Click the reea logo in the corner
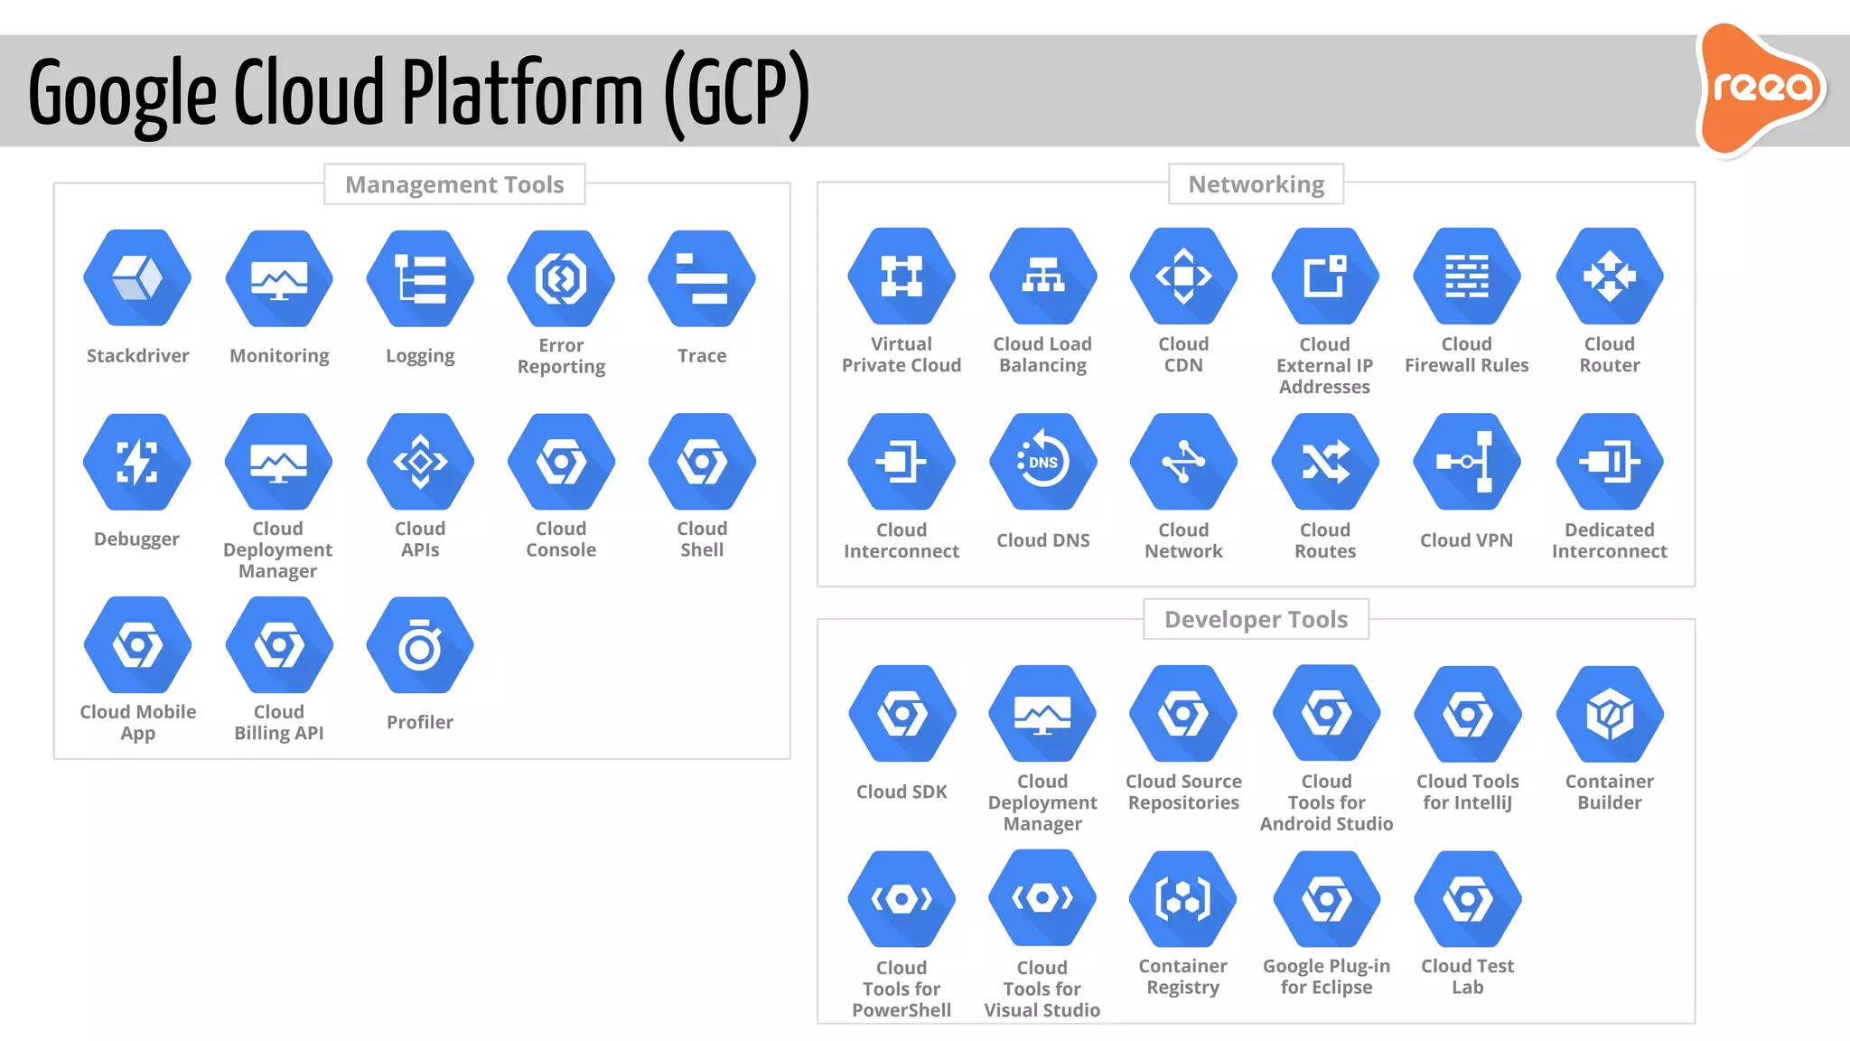coord(1761,89)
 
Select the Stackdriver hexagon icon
coord(137,277)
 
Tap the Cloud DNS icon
coord(1042,462)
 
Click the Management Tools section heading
coord(454,184)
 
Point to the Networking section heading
coord(1256,184)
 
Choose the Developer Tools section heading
coord(1256,619)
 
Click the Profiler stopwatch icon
coord(420,645)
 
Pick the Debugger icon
coord(137,462)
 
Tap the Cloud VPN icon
coord(1466,462)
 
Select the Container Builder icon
coord(1609,714)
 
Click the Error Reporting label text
coord(561,356)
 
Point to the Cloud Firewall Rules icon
coord(1466,276)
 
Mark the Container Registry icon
coord(1182,899)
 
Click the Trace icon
coord(702,277)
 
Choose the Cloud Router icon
coord(1609,276)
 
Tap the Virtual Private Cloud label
coord(902,354)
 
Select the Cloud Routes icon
coord(1325,462)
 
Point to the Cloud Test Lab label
coord(1467,977)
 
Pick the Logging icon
coord(420,277)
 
